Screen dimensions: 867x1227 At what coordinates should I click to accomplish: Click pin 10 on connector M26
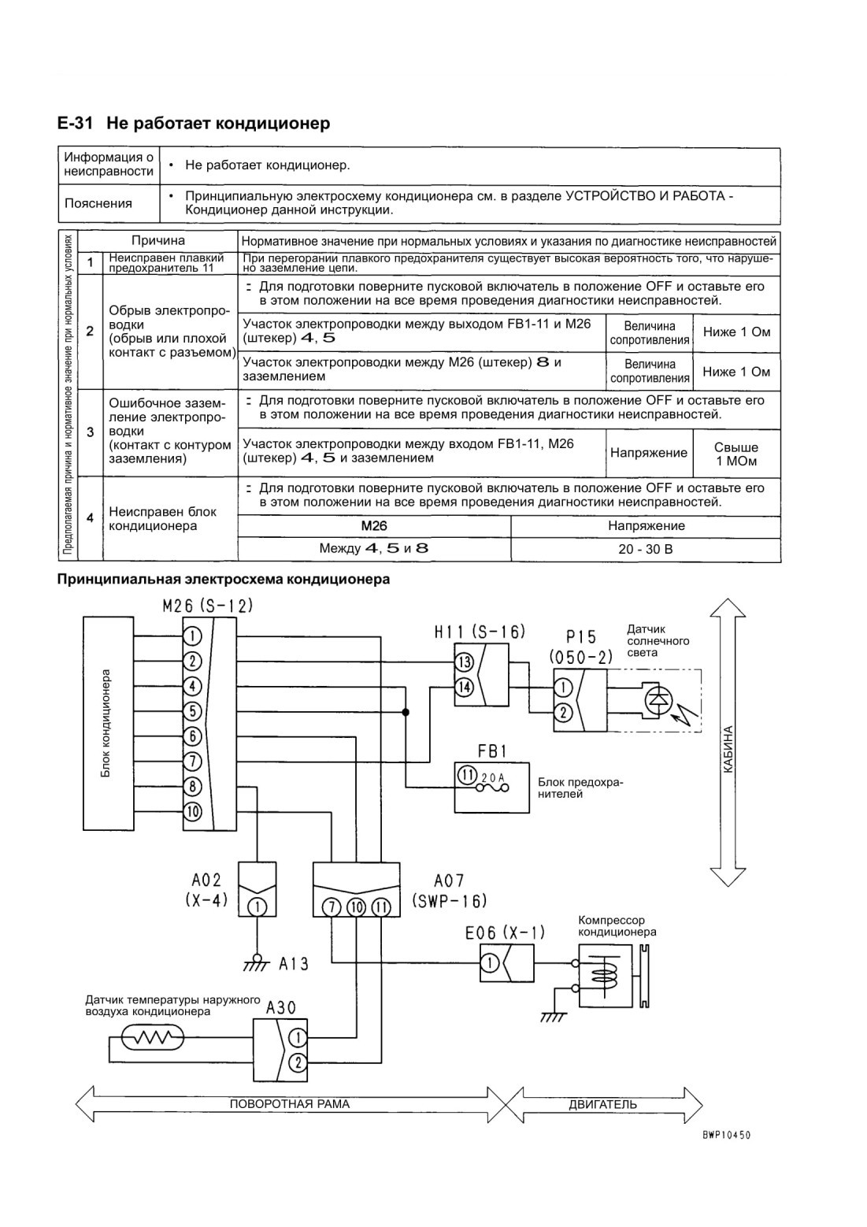click(x=192, y=811)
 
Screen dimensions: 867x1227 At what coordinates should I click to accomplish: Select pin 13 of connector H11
click(x=464, y=662)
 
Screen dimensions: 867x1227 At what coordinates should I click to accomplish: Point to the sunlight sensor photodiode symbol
click(x=657, y=699)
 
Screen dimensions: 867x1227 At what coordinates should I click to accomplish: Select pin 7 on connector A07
click(x=331, y=907)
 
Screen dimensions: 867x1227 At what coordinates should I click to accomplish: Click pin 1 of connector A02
click(x=258, y=907)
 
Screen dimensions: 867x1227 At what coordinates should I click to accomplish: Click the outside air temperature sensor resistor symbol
click(x=153, y=1036)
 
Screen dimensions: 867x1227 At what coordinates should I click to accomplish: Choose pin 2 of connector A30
click(x=298, y=1063)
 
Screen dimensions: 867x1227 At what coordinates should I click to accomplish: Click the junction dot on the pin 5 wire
click(x=406, y=712)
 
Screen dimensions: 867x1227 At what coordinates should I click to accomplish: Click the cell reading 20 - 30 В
click(x=645, y=549)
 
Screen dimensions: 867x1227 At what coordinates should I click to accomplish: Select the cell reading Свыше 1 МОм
click(x=736, y=454)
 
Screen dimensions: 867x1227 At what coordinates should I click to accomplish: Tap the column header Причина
click(x=158, y=240)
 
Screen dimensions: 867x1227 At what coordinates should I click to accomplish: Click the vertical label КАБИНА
click(x=728, y=750)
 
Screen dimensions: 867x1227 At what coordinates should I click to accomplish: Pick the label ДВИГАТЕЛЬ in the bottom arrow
click(x=602, y=1104)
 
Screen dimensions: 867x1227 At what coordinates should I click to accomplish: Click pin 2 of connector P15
click(x=563, y=712)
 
